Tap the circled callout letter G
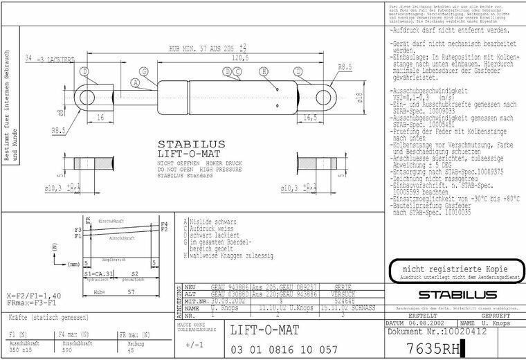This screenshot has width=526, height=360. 144,72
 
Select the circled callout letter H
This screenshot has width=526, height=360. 264,71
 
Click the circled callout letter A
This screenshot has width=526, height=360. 136,83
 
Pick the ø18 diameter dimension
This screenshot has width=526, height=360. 359,98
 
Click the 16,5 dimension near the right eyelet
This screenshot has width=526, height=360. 310,118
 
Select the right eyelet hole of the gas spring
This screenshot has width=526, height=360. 325,93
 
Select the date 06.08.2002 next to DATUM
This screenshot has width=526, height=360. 424,323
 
